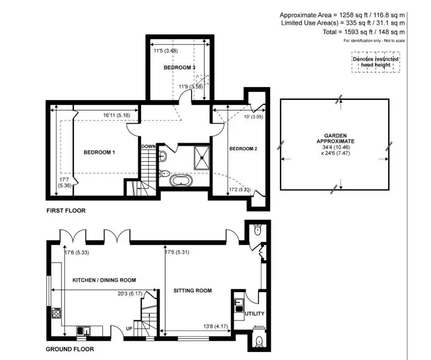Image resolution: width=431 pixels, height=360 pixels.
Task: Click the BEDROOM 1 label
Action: pyautogui.click(x=99, y=152)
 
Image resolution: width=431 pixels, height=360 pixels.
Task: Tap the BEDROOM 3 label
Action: pyautogui.click(x=180, y=67)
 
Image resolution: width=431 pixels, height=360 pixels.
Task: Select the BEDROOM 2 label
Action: pyautogui.click(x=243, y=149)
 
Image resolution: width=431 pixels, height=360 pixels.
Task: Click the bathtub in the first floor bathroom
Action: pyautogui.click(x=181, y=181)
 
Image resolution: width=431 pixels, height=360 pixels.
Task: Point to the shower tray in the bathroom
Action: pyautogui.click(x=202, y=158)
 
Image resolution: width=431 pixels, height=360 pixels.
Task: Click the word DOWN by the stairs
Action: pyautogui.click(x=149, y=147)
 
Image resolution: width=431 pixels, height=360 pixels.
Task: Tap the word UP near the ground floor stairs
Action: pyautogui.click(x=129, y=329)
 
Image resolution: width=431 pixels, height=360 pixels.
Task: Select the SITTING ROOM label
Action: pyautogui.click(x=192, y=291)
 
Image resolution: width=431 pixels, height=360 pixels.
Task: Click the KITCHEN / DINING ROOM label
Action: pyautogui.click(x=104, y=280)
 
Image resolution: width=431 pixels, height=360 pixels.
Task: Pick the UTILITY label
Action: pyautogui.click(x=254, y=314)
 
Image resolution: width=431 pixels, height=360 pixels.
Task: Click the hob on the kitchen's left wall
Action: pyautogui.click(x=57, y=313)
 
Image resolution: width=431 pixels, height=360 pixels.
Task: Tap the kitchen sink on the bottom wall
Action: pyautogui.click(x=83, y=330)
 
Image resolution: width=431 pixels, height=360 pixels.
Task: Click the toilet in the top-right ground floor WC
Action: pyautogui.click(x=257, y=230)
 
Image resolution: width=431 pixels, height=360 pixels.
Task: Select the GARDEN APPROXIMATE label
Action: pyautogui.click(x=336, y=139)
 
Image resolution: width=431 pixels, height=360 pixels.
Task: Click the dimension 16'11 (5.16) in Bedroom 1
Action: pyautogui.click(x=117, y=116)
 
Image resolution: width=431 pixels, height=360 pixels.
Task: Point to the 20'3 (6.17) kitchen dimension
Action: pyautogui.click(x=130, y=294)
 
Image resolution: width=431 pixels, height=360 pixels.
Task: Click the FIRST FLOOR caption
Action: pyautogui.click(x=66, y=211)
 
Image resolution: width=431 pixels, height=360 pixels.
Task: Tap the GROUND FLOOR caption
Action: pyautogui.click(x=70, y=349)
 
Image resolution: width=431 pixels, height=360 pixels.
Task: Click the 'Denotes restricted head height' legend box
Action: pyautogui.click(x=376, y=62)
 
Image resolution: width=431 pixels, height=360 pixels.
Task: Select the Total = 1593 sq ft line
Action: pyautogui.click(x=364, y=32)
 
